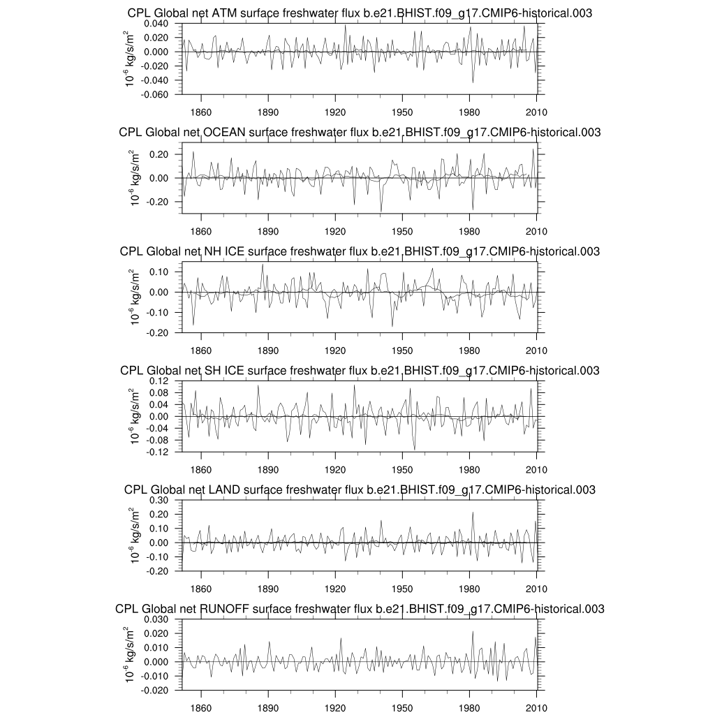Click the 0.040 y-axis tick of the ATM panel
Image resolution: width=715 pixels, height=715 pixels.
click(157, 23)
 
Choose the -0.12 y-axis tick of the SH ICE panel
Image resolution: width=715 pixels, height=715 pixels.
click(160, 452)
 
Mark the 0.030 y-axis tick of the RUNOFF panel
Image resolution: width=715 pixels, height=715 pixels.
click(157, 619)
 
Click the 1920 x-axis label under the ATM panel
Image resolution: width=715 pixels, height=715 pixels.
click(335, 111)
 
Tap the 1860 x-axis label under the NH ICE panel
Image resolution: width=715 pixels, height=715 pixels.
click(201, 350)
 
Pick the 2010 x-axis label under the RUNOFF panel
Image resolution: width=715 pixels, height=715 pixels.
click(536, 707)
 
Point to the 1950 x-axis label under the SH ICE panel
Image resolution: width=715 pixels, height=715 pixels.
click(402, 469)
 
